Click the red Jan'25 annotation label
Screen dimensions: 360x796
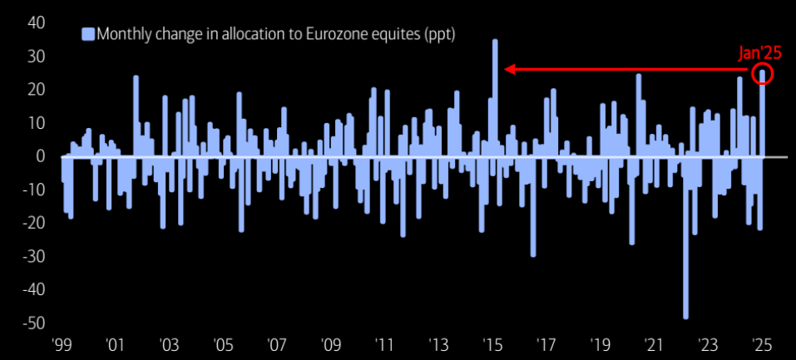click(x=760, y=53)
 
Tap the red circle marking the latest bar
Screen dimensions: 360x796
click(x=763, y=75)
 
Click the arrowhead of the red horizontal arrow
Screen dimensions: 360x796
click(x=509, y=70)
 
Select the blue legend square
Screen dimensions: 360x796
click(x=87, y=34)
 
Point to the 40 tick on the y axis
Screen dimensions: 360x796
click(x=34, y=22)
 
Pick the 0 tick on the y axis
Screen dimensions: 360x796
click(x=39, y=155)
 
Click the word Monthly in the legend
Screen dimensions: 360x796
click(x=124, y=34)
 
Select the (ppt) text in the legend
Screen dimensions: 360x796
click(x=436, y=34)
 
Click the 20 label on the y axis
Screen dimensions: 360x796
click(x=34, y=89)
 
